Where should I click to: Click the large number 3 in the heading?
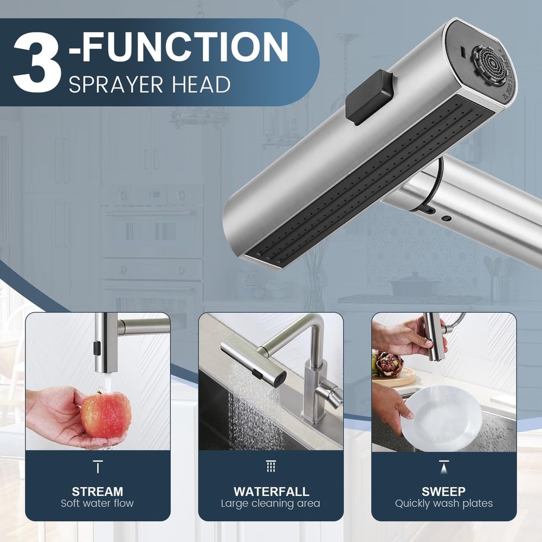coord(37,62)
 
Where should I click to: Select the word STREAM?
coord(98,491)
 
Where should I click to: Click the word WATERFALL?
coord(272,491)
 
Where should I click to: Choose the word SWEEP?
coord(443,491)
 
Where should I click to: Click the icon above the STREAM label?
coord(98,467)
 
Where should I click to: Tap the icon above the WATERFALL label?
coord(270,466)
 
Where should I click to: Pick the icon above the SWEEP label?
coord(444,467)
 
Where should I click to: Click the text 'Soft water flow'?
coord(97,504)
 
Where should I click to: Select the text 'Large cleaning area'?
coord(270,504)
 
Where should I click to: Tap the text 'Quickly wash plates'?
coord(444,504)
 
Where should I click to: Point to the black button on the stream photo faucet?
coord(97,348)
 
